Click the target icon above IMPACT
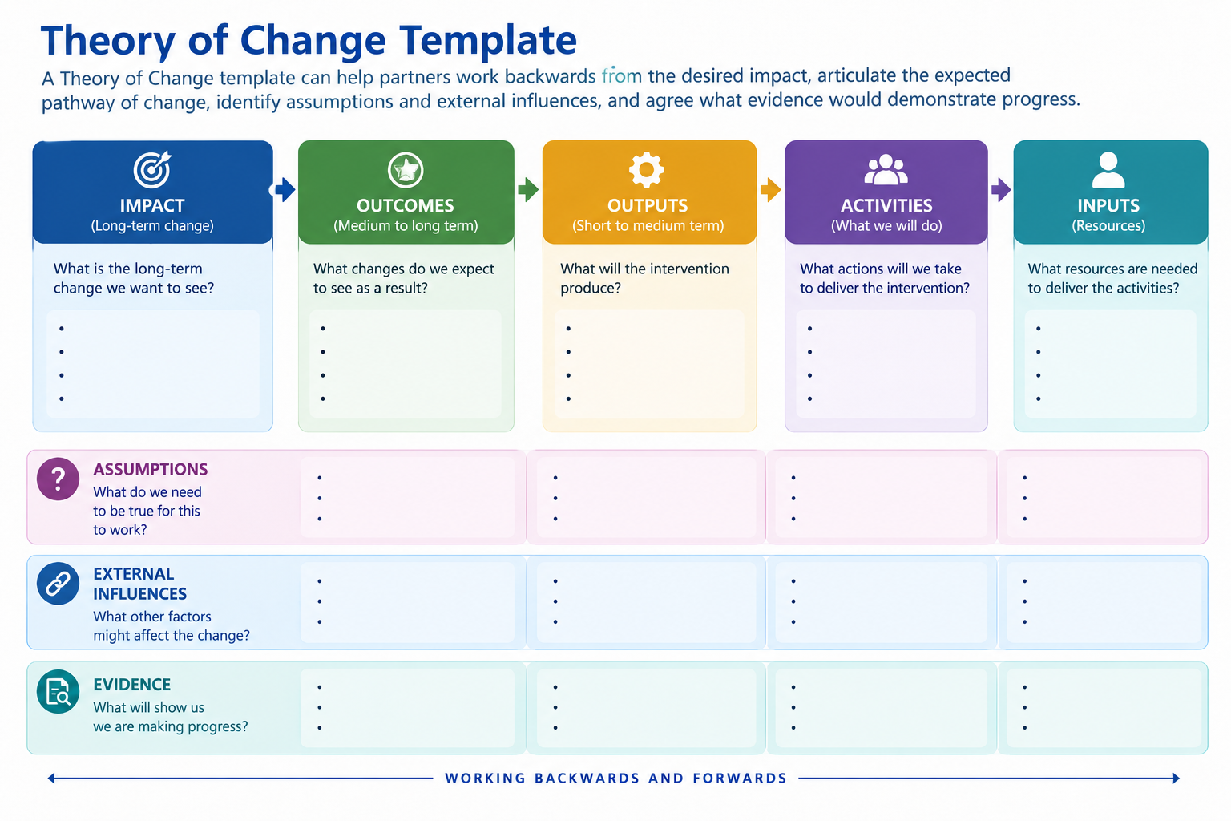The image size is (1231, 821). [x=152, y=169]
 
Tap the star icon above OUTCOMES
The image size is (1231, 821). [x=406, y=170]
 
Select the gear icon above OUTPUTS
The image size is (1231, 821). [x=646, y=170]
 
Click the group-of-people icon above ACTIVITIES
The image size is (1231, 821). [x=886, y=169]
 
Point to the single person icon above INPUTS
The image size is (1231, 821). [x=1108, y=170]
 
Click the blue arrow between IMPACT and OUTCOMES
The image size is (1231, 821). [x=285, y=190]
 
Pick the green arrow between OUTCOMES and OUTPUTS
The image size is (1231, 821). [x=528, y=190]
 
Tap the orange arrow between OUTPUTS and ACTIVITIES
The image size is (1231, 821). [x=770, y=190]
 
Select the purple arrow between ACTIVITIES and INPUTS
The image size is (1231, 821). [x=1001, y=190]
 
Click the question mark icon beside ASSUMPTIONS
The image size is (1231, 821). [x=58, y=479]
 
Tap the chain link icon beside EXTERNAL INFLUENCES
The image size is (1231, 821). [x=58, y=584]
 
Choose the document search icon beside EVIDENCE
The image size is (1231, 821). [x=58, y=691]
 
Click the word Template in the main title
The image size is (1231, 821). [x=488, y=41]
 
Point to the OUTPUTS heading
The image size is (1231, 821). [x=648, y=206]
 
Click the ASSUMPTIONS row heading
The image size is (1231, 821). [x=151, y=469]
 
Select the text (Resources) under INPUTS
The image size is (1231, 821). [x=1108, y=225]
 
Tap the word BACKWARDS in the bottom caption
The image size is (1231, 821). [x=587, y=779]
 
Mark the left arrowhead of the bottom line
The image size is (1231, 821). [x=51, y=779]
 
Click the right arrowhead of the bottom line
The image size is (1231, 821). [x=1176, y=779]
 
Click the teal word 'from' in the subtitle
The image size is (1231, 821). [x=622, y=75]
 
